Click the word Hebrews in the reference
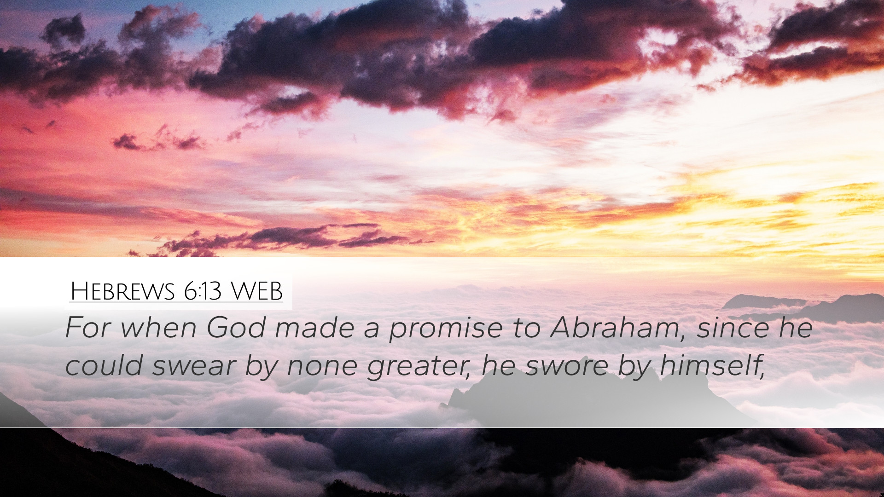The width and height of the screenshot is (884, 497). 122,291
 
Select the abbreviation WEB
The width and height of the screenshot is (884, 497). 256,291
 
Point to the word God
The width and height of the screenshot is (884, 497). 236,328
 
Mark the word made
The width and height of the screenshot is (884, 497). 316,328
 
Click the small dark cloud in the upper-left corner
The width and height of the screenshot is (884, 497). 64,30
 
